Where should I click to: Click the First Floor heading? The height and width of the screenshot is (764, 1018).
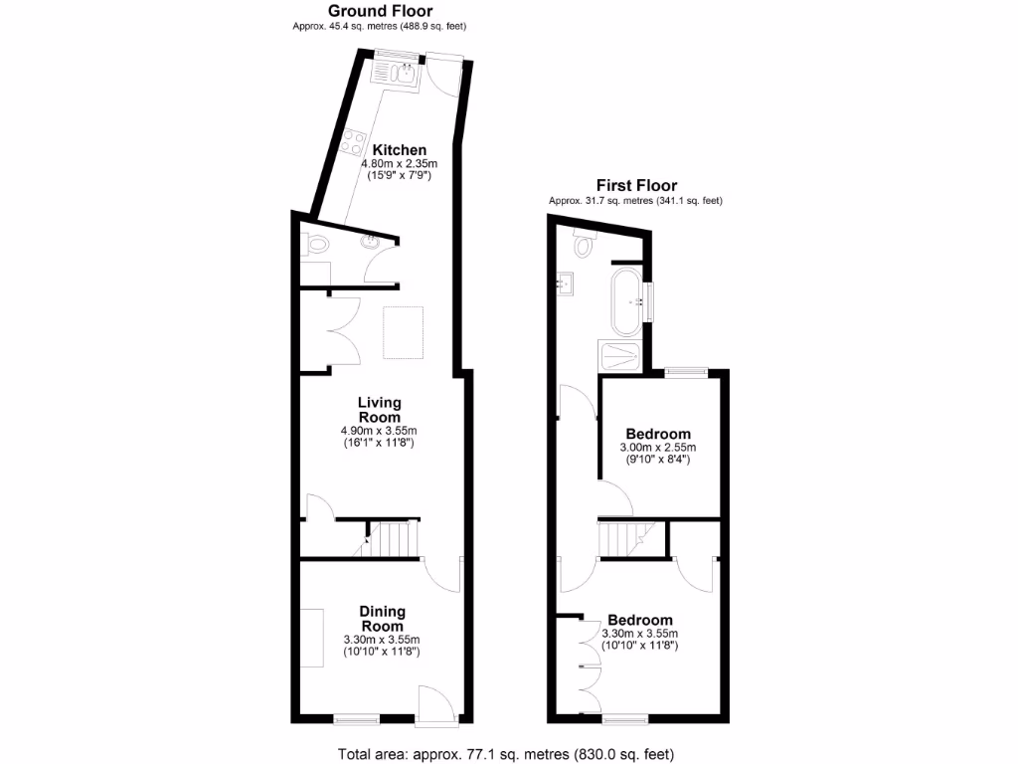coord(636,185)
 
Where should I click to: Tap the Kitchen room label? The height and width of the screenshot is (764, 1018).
coord(400,150)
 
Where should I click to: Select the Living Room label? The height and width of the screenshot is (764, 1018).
coord(380,410)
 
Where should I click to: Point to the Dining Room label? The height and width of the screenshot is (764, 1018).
coord(382,619)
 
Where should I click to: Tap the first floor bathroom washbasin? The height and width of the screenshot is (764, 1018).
coord(565,285)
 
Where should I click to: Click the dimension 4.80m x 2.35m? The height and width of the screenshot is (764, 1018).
coord(400,163)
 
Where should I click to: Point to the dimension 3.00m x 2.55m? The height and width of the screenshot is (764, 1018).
coord(657,448)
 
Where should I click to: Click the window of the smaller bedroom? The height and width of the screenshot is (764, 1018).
coord(686,372)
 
